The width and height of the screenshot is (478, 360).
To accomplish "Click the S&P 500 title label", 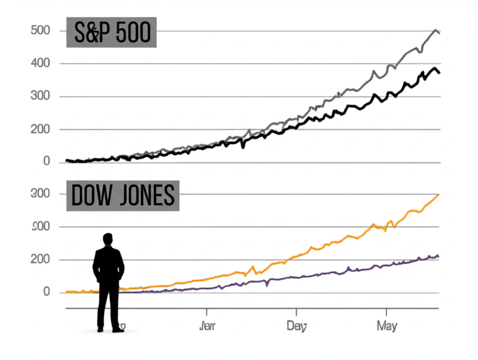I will [111, 33].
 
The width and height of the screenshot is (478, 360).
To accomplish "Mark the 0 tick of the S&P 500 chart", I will [46, 162].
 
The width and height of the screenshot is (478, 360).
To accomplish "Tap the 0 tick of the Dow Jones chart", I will [46, 292].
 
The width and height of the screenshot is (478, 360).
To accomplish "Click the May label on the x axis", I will [387, 326].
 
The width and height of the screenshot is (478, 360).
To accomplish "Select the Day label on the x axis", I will [297, 326].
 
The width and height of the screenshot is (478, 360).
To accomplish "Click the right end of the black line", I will [439, 72].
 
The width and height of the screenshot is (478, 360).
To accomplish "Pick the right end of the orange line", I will [438, 195].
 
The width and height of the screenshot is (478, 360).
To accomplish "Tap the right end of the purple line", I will [438, 256].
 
